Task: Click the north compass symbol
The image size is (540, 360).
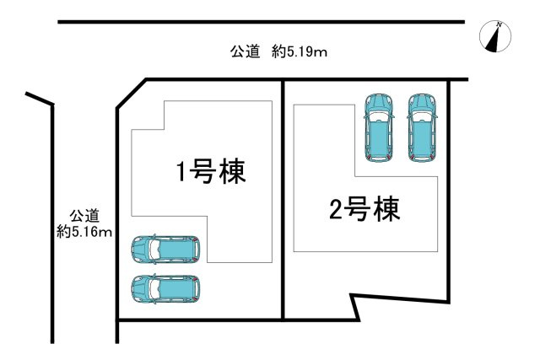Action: [496, 38]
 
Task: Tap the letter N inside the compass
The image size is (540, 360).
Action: [499, 27]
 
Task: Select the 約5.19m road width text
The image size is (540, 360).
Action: [300, 52]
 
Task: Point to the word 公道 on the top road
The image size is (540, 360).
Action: [245, 52]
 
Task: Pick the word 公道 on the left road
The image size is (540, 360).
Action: [84, 215]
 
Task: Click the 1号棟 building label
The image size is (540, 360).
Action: [210, 173]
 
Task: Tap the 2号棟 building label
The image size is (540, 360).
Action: [364, 207]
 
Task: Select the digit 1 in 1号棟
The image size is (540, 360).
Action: [181, 173]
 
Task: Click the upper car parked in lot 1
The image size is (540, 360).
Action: [165, 249]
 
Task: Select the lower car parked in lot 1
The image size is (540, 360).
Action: [165, 288]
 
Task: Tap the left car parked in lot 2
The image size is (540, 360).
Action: [379, 126]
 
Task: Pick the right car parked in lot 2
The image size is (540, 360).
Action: [422, 126]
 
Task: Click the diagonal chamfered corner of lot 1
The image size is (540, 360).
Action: [131, 94]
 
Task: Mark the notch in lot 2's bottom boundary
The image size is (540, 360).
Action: [356, 306]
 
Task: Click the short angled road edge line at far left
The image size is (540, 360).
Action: [40, 99]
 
